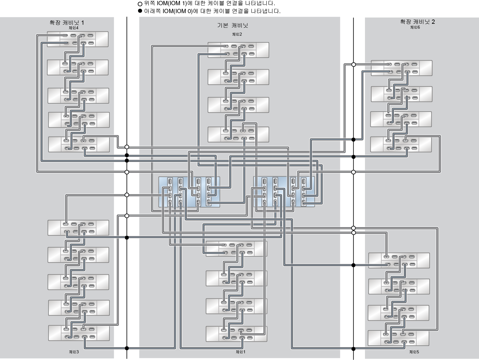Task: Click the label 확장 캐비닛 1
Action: click(x=67, y=23)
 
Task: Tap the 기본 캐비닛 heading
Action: click(x=233, y=26)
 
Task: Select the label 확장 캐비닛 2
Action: click(x=417, y=22)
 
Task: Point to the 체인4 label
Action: click(x=73, y=28)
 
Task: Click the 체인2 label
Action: click(x=237, y=34)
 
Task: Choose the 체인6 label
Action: click(x=415, y=27)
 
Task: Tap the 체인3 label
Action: click(x=73, y=352)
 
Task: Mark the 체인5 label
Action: click(x=414, y=352)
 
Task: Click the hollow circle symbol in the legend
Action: click(x=140, y=4)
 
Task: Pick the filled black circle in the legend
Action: click(x=140, y=11)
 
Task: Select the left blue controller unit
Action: click(x=189, y=192)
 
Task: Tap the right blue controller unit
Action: click(x=284, y=192)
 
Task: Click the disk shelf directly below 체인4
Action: click(x=78, y=39)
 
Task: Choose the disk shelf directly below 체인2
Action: click(x=238, y=50)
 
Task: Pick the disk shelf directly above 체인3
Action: click(x=79, y=333)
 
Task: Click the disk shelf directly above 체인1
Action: click(x=236, y=334)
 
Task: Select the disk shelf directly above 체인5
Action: click(x=398, y=338)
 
